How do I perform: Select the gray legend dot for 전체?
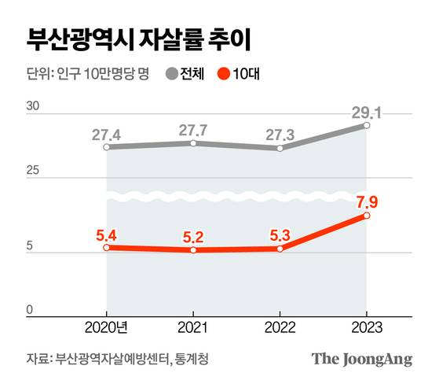pos(171,76)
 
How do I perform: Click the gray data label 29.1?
pos(367,109)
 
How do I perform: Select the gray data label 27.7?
pos(194,128)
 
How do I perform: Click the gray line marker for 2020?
pos(107,147)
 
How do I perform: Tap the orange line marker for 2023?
pos(367,215)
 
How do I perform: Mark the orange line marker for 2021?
pos(194,250)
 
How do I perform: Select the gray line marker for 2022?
pos(280,148)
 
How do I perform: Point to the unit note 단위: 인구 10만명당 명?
pos(87,76)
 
